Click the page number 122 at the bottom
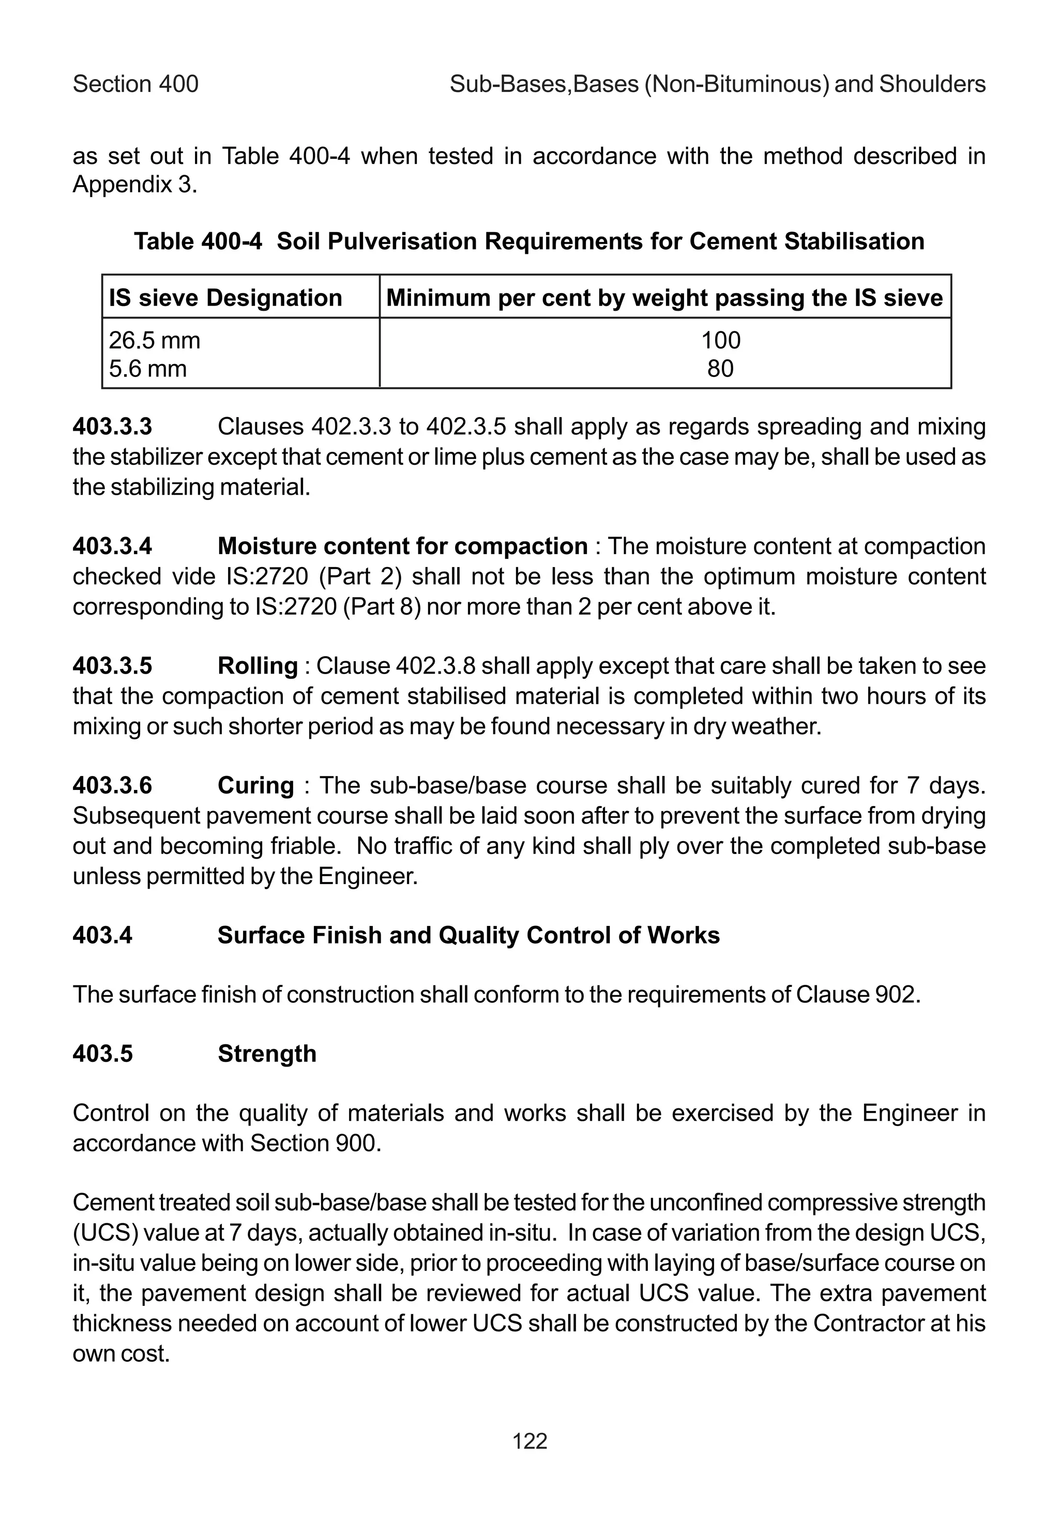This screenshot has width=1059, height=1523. coord(529,1441)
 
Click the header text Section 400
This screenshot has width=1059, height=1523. coord(135,84)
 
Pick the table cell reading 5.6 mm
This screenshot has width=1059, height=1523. coord(148,368)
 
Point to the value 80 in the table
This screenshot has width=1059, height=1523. coord(721,368)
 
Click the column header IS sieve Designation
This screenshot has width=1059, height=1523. coord(225,298)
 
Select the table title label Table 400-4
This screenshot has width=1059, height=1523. coord(198,241)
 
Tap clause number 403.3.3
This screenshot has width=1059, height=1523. coord(112,427)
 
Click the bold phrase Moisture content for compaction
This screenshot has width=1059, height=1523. coord(402,546)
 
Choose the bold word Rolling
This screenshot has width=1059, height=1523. coord(258,665)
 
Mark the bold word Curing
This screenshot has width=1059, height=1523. coord(255,785)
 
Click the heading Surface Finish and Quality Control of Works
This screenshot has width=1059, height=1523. coord(468,935)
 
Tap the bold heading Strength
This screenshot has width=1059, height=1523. coord(267,1054)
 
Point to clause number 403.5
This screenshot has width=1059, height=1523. coord(103,1054)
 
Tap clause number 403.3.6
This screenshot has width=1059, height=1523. coord(112,785)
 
